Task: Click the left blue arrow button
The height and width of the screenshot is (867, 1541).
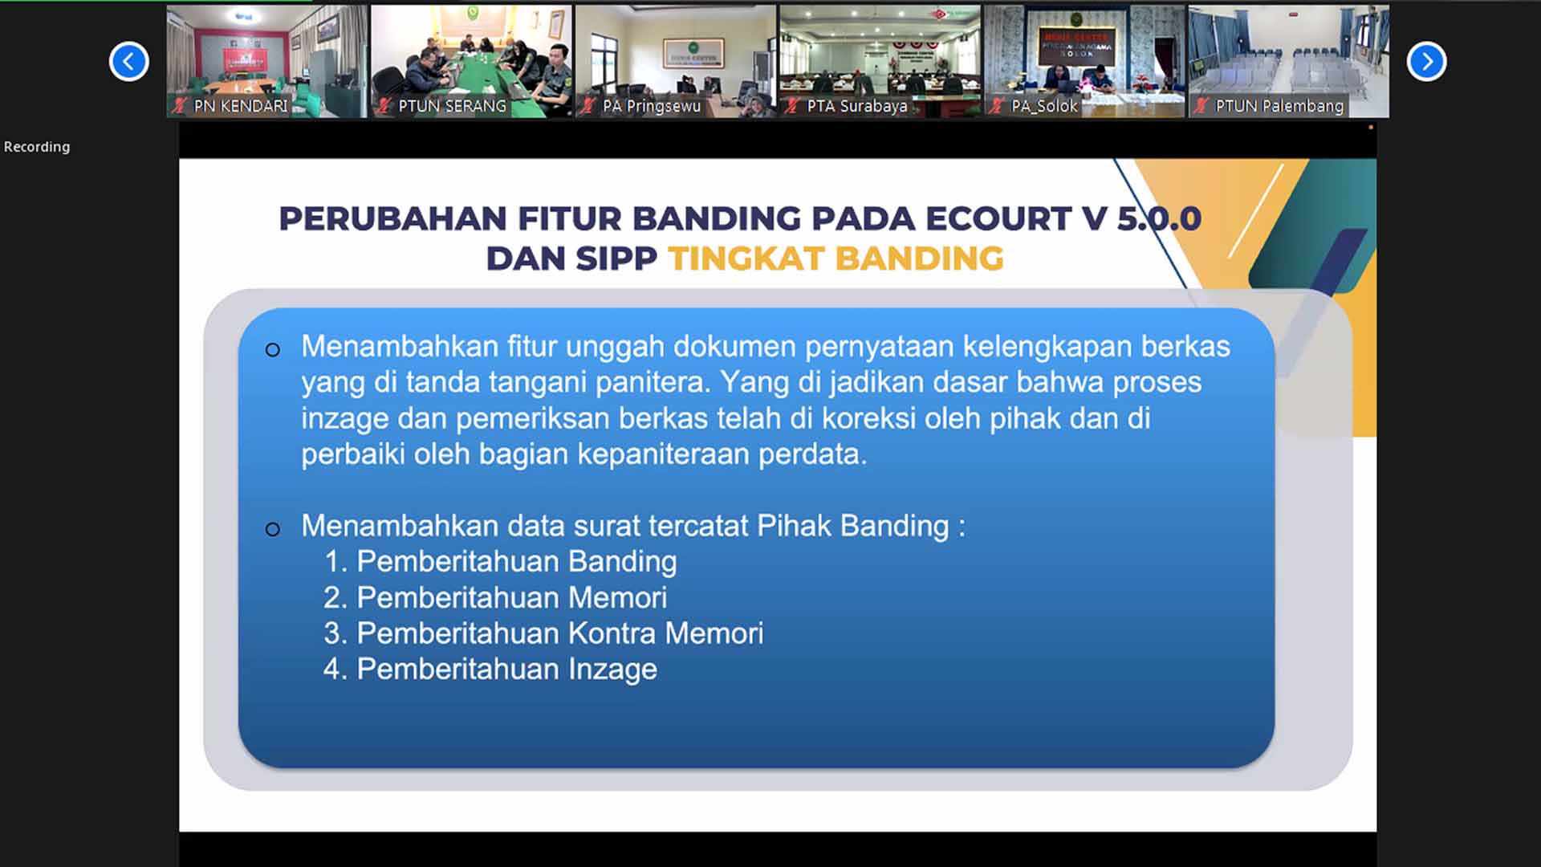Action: tap(128, 62)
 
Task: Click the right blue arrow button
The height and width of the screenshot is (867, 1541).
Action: tap(1426, 62)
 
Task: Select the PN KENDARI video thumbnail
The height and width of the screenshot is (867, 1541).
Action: tap(266, 62)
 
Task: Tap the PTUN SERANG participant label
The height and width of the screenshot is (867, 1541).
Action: tap(452, 106)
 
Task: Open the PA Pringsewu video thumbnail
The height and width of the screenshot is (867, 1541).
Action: tap(676, 62)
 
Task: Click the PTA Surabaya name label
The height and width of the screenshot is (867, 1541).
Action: tap(857, 106)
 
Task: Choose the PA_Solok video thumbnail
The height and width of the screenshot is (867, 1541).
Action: tap(1084, 62)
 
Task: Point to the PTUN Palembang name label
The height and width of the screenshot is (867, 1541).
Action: tap(1279, 106)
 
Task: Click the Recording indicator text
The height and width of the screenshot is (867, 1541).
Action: tap(37, 147)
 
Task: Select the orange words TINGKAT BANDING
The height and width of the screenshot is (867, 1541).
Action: tap(836, 258)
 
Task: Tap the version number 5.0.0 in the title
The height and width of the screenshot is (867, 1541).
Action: tap(1159, 218)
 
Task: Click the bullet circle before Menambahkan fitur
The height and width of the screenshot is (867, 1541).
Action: tap(273, 350)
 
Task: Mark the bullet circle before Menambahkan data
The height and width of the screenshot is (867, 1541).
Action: tap(273, 529)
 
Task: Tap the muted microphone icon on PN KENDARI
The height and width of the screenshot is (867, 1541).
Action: tap(180, 106)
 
